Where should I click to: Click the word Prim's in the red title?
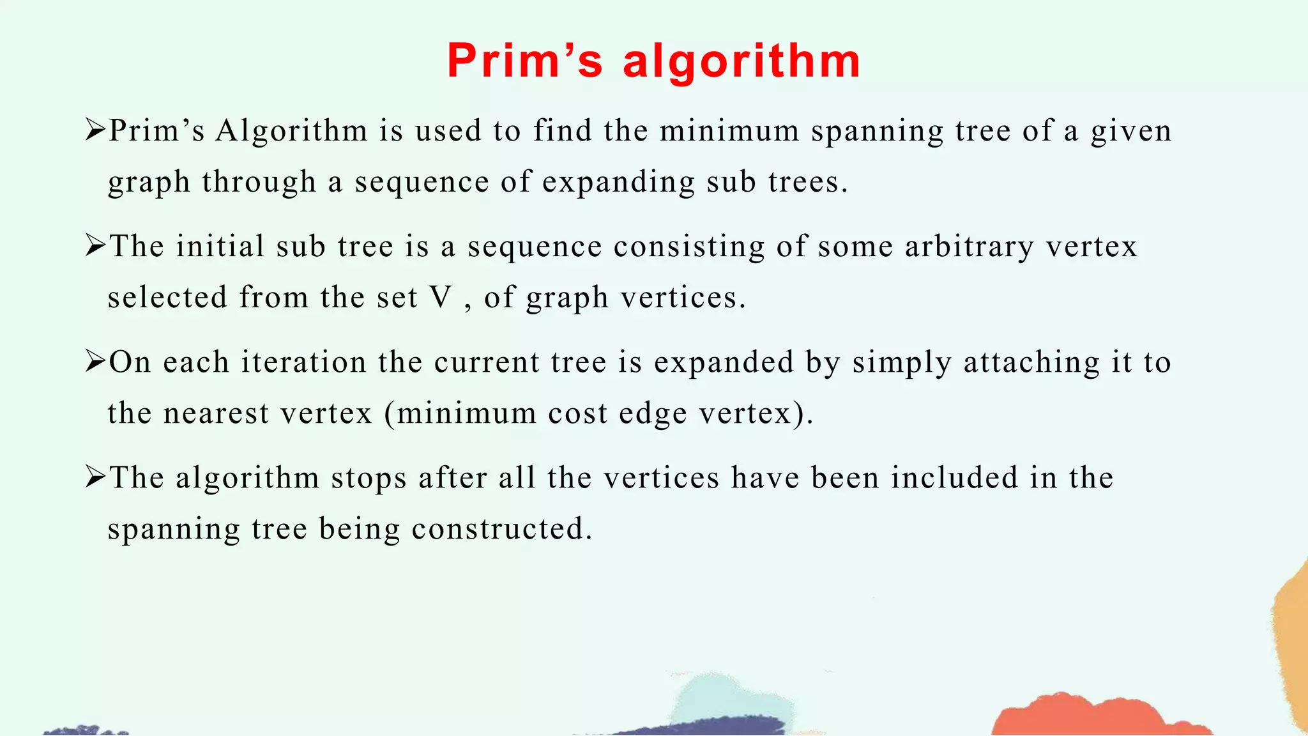point(524,61)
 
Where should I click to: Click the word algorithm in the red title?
point(741,61)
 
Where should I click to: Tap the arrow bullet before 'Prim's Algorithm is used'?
point(95,130)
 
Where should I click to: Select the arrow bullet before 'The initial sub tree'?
point(95,246)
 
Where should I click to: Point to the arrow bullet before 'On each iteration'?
point(95,362)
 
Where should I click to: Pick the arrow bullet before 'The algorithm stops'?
point(95,477)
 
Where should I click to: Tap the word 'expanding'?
point(618,183)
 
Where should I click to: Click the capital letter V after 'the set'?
point(441,298)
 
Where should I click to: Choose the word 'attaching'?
point(1031,363)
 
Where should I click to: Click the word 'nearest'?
point(216,414)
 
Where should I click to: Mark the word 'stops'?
point(369,479)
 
